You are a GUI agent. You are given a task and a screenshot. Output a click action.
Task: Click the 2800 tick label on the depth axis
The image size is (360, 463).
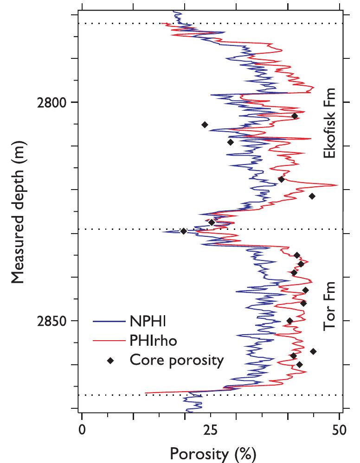pyautogui.click(x=52, y=102)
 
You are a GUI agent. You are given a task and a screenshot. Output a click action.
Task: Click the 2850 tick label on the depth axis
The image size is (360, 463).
pyautogui.click(x=52, y=321)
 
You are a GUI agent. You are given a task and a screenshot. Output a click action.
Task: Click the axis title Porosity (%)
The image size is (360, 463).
pyautogui.click(x=213, y=453)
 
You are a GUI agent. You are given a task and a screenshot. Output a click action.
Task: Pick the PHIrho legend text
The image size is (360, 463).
pyautogui.click(x=154, y=341)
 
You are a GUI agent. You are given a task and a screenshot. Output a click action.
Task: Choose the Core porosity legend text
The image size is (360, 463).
pyautogui.click(x=177, y=360)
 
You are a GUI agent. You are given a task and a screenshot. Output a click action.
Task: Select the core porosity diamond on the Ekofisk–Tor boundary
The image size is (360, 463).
pyautogui.click(x=184, y=231)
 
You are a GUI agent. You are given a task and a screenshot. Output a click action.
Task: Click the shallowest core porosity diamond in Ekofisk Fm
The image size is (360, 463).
pyautogui.click(x=295, y=116)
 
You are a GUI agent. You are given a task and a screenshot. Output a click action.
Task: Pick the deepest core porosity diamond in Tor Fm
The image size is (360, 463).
pyautogui.click(x=299, y=364)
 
